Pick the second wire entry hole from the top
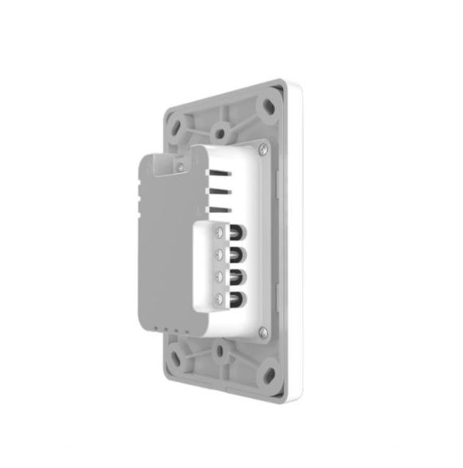click(238, 254)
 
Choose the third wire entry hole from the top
click(238, 277)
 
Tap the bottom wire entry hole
click(238, 299)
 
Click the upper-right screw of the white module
click(263, 149)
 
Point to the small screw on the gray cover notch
click(180, 167)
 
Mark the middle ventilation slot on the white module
click(218, 191)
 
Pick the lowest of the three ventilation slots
click(218, 210)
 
